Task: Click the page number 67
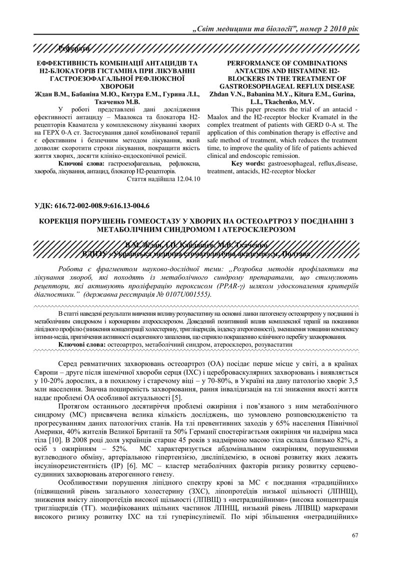[355, 536]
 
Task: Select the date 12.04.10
[186, 178]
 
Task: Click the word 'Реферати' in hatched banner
[74, 48]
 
